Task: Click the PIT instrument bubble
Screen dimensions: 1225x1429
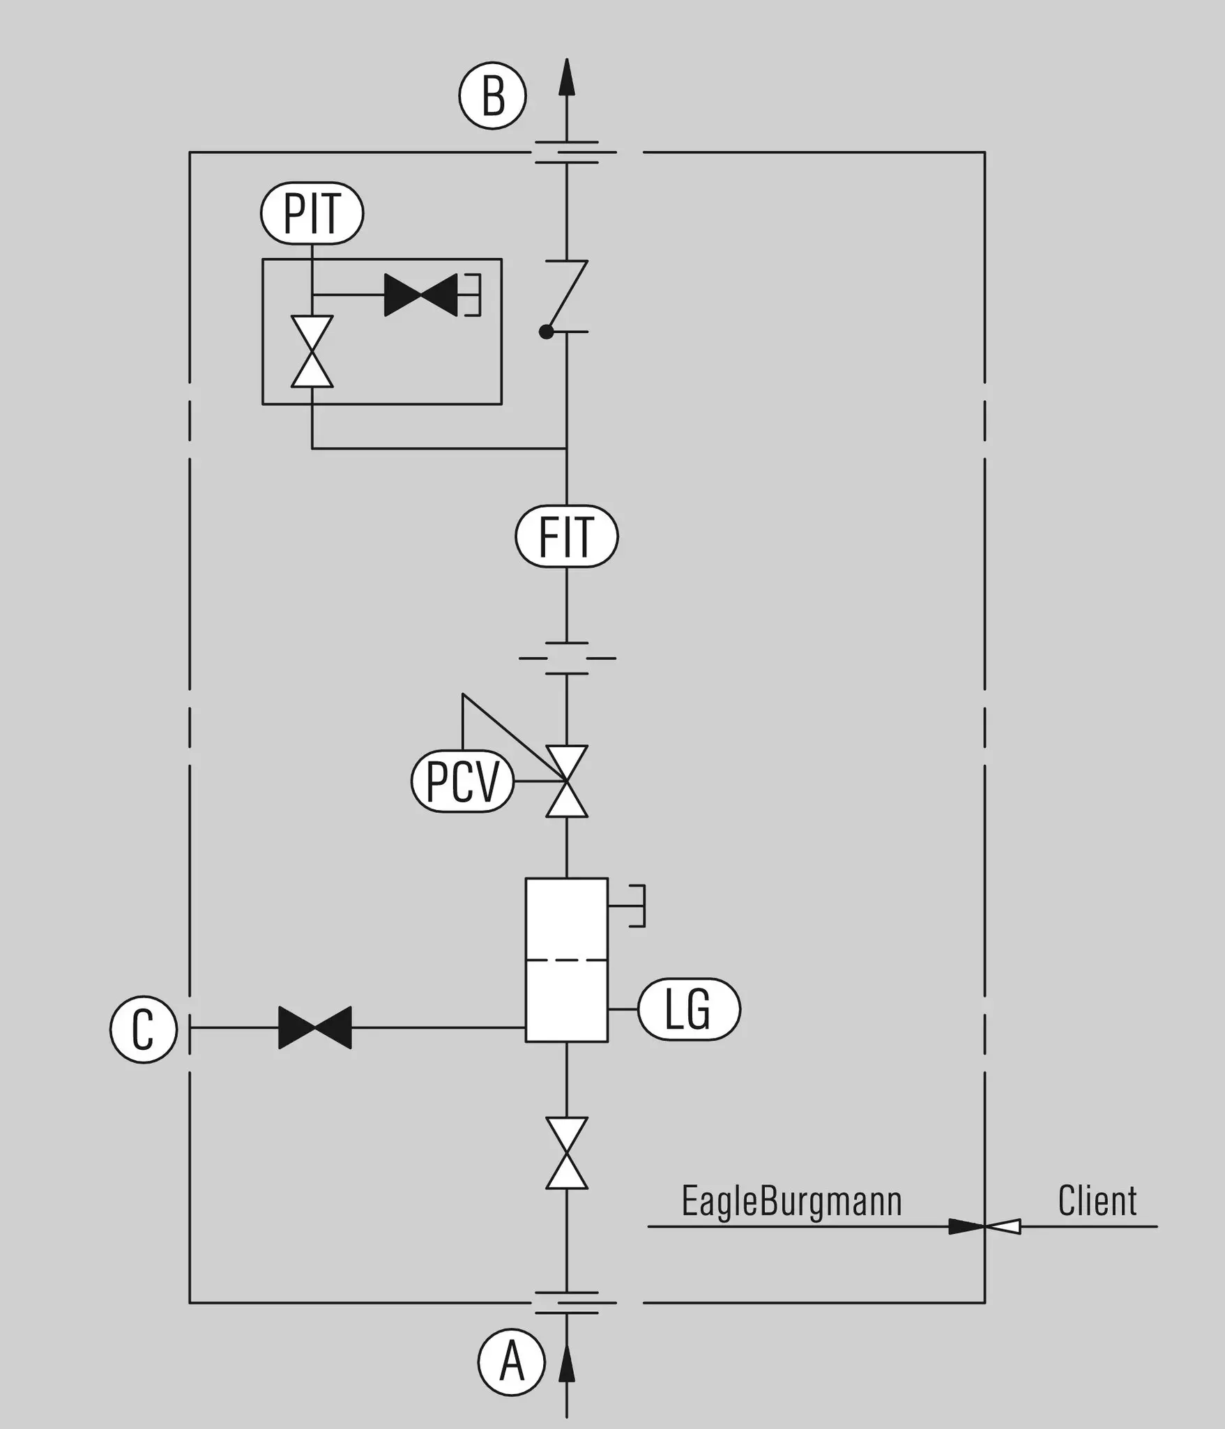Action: (312, 213)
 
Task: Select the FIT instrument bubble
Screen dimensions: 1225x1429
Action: (567, 536)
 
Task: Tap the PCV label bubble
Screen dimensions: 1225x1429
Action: (462, 781)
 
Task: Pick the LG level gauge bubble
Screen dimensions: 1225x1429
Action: (689, 1009)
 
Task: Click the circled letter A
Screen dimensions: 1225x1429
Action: (512, 1363)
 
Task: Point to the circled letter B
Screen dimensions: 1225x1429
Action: (492, 95)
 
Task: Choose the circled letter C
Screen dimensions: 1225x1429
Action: (144, 1029)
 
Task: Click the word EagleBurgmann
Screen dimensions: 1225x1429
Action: (791, 1200)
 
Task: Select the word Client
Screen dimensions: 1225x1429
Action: (1097, 1200)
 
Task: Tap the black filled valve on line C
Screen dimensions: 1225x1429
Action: (315, 1027)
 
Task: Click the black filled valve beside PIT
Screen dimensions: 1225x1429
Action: (421, 295)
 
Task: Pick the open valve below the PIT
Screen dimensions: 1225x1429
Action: (312, 351)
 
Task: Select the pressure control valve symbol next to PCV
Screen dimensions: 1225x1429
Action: (567, 781)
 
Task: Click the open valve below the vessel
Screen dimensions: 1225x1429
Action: (567, 1154)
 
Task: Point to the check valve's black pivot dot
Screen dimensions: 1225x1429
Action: (547, 333)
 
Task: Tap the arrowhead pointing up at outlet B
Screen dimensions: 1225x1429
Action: (567, 77)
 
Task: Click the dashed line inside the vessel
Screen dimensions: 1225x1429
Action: (567, 960)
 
